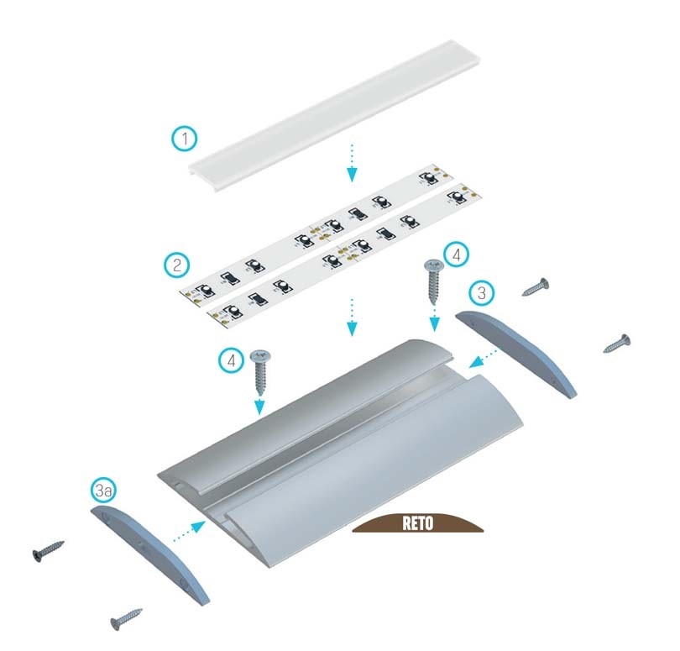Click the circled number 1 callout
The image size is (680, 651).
click(x=185, y=139)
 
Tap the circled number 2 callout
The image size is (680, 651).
click(x=177, y=265)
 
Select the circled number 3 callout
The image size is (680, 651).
click(x=481, y=293)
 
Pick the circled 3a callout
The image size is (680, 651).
click(x=104, y=491)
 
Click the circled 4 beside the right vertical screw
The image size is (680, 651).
click(x=456, y=255)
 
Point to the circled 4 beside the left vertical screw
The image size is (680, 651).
click(x=232, y=360)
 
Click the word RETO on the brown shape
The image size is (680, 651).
click(x=417, y=523)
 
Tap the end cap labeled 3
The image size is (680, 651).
click(x=516, y=353)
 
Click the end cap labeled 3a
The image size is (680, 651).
click(x=149, y=554)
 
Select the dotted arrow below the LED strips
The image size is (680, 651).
click(x=352, y=318)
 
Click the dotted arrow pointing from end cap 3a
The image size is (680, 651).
click(x=189, y=532)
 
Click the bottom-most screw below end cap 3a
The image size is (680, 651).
click(x=126, y=619)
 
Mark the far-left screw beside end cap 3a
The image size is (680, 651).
click(x=48, y=551)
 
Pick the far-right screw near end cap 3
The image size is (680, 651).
click(x=617, y=344)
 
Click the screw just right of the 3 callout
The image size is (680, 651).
click(x=535, y=287)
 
